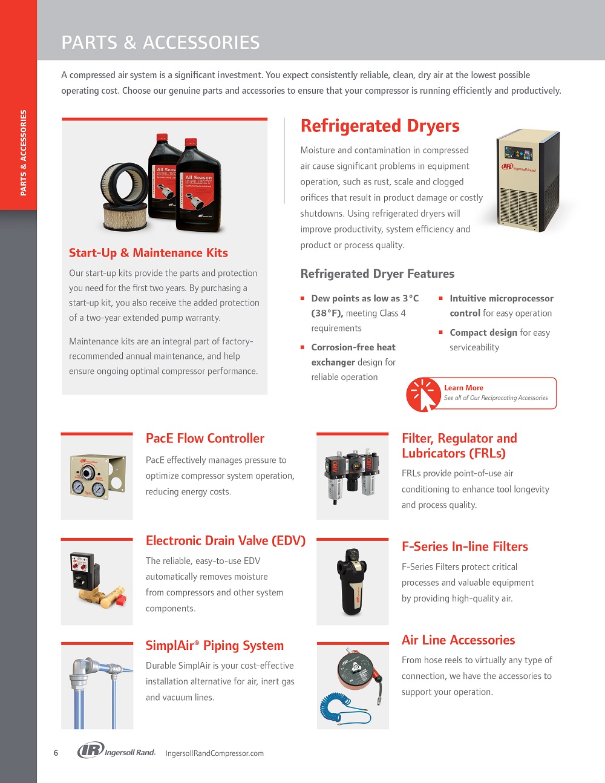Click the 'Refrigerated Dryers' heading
[x=380, y=126]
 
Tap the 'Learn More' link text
[x=463, y=388]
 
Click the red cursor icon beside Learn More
[x=423, y=395]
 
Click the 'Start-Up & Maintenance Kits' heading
[x=148, y=253]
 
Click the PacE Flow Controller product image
[x=97, y=477]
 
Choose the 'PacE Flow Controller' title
[x=205, y=439]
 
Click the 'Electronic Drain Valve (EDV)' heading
[x=226, y=541]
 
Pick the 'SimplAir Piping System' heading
[x=215, y=646]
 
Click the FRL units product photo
[x=353, y=477]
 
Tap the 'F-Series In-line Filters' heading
[x=465, y=546]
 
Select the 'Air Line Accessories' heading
[x=458, y=640]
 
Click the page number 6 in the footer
[x=56, y=753]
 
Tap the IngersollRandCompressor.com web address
[x=215, y=753]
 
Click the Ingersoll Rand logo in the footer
[x=117, y=751]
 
